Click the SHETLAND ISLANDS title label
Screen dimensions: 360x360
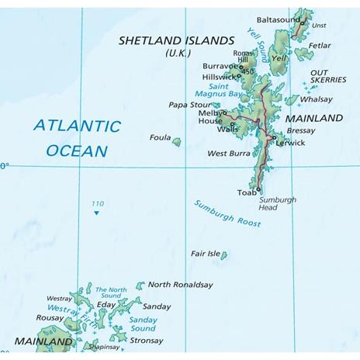coord(176,40)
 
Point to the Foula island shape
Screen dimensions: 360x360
coord(177,142)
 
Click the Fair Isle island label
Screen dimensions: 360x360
coord(205,254)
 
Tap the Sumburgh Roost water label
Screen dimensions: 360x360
coord(227,213)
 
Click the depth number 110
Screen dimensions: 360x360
coord(97,204)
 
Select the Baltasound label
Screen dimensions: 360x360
coord(277,19)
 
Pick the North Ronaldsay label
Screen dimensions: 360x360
coord(180,285)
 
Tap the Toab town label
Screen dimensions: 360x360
coord(246,192)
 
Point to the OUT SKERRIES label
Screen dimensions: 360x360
coord(329,77)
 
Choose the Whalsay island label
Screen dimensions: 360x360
coord(316,99)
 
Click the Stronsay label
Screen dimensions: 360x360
coord(147,340)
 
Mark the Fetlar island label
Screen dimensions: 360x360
coord(319,46)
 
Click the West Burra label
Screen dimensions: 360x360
coord(228,154)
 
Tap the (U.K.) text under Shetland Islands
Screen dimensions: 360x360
coord(178,53)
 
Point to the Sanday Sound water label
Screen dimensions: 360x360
coord(143,324)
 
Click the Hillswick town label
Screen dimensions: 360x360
coord(218,78)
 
